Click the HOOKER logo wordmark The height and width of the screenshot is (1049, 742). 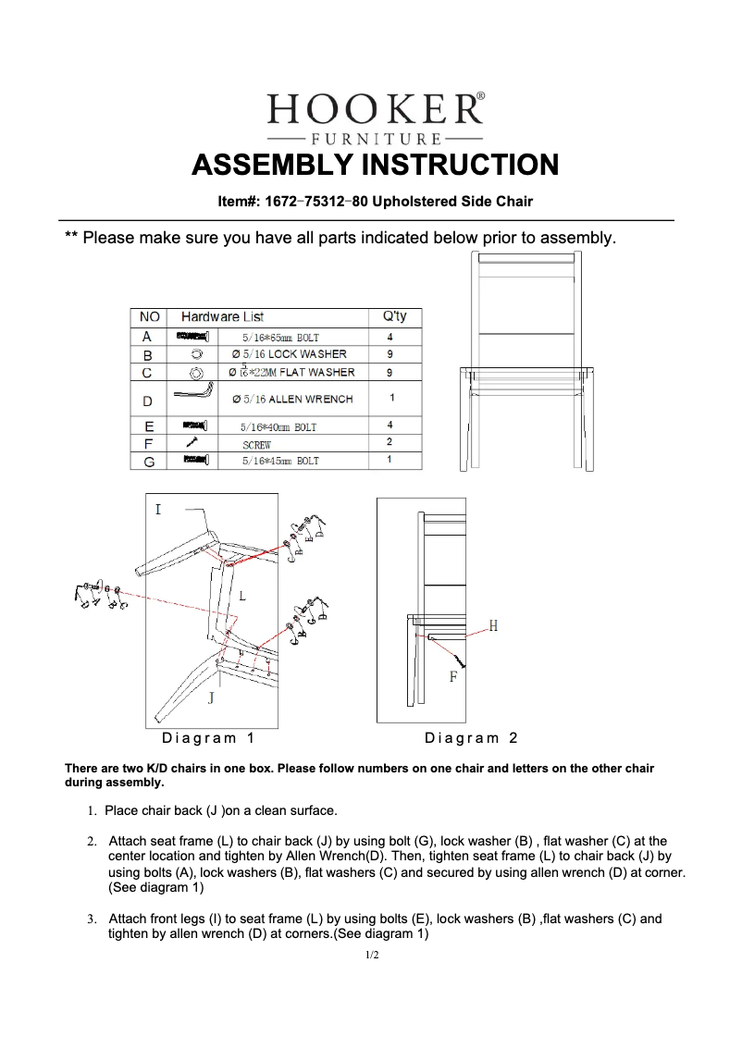(375, 110)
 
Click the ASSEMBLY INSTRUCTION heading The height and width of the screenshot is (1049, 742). (375, 166)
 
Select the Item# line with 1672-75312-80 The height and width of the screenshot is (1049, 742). (375, 201)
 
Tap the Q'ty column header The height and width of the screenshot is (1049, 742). (394, 317)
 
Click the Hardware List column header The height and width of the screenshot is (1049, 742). (222, 317)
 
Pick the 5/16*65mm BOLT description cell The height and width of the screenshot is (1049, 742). (280, 338)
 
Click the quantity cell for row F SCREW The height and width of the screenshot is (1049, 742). (390, 443)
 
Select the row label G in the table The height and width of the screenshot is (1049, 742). (148, 461)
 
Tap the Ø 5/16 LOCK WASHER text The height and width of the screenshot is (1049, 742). (288, 354)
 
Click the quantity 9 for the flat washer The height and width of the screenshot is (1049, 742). (390, 372)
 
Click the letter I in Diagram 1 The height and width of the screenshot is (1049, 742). (158, 510)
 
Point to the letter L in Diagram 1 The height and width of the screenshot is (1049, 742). (242, 597)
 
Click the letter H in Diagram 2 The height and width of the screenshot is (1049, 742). (493, 626)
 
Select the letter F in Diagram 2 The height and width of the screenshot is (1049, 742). (453, 677)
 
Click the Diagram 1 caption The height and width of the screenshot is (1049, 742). (208, 738)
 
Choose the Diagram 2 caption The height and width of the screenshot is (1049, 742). (471, 738)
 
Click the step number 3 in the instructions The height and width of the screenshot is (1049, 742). (92, 919)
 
